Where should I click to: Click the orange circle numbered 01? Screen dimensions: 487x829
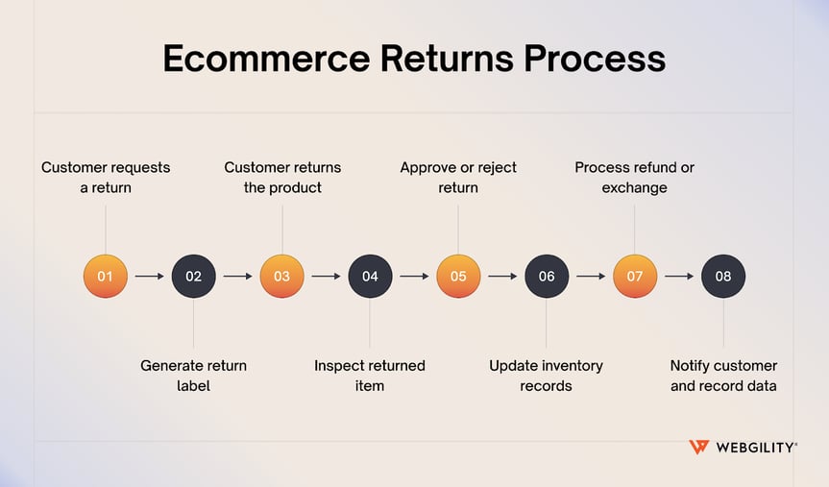[106, 277]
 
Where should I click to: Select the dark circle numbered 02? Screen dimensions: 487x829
[194, 277]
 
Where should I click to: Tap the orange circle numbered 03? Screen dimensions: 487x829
[282, 277]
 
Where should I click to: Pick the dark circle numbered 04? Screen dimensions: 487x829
[370, 277]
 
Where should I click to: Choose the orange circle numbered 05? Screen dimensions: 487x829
[458, 277]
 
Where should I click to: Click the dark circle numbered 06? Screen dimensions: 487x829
[547, 277]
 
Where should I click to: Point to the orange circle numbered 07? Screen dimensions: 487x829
[635, 277]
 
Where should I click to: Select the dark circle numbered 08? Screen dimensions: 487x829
[723, 277]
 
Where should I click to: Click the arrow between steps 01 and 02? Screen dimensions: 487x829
[150, 277]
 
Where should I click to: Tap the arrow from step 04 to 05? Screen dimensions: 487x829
[414, 277]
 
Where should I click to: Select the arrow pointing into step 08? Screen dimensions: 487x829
[679, 277]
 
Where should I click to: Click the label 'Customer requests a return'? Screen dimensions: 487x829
[106, 178]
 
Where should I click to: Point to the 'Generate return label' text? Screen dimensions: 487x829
[194, 376]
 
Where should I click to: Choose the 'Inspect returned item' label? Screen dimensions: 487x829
[370, 376]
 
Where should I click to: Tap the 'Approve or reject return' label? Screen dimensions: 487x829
[458, 178]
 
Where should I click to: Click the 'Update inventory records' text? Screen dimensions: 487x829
[547, 376]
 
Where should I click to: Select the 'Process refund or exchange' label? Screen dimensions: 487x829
[635, 178]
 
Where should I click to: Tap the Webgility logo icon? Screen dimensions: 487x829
[698, 448]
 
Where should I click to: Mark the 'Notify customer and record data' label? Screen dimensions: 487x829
[723, 376]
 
